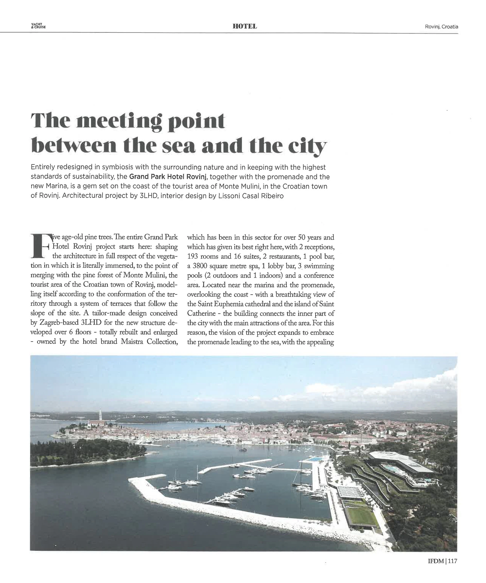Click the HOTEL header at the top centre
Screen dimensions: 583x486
click(x=244, y=26)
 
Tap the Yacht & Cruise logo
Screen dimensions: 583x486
click(x=38, y=26)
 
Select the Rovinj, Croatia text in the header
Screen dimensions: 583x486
click(x=441, y=27)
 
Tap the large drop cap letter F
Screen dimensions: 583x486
click(x=41, y=246)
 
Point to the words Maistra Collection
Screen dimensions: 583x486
click(x=149, y=341)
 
